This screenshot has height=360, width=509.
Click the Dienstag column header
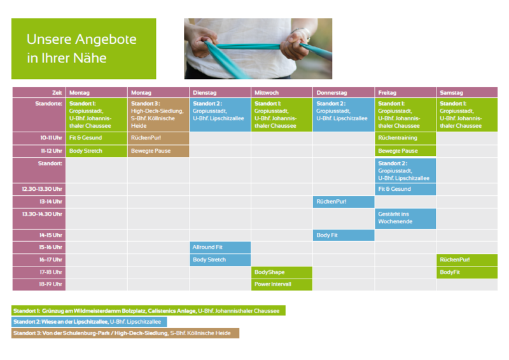pos(220,92)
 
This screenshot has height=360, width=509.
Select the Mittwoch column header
pos(281,92)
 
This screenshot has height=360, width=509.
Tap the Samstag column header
pos(467,92)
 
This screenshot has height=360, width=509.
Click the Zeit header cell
pos(39,92)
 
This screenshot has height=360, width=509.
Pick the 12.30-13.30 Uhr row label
pos(39,189)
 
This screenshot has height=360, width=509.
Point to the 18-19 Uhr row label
pos(39,284)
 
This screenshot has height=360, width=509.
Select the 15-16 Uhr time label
pos(39,247)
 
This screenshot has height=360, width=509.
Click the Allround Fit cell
pos(220,247)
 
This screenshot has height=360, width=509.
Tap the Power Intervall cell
pos(281,284)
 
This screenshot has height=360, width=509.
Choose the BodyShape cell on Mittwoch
pos(281,272)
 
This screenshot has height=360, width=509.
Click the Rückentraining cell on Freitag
pos(405,138)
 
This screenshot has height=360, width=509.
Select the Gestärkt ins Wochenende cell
pos(405,218)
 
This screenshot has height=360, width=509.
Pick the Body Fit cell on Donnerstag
pos(344,235)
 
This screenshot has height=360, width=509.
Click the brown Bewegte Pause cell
pos(158,151)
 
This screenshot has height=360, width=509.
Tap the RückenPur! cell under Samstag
pos(467,260)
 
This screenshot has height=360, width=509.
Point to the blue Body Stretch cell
pos(220,260)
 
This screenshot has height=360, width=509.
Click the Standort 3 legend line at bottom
pos(125,333)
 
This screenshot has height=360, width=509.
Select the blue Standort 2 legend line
pos(89,322)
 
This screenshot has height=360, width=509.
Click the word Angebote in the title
pos(106,39)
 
